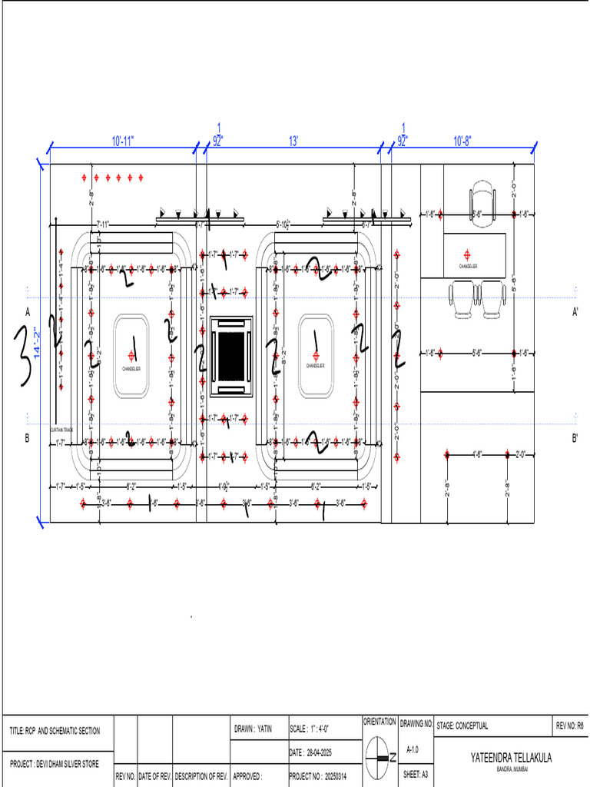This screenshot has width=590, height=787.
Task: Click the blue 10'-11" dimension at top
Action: (123, 141)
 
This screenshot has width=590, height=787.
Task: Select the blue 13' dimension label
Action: (293, 141)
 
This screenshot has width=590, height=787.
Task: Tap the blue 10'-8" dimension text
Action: (462, 141)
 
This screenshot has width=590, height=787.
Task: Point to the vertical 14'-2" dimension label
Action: (35, 342)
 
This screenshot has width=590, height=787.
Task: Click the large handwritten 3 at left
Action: (22, 354)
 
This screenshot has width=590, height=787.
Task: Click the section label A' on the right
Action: (575, 312)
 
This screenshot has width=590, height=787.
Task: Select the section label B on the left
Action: (27, 439)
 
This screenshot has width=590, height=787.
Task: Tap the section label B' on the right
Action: (575, 439)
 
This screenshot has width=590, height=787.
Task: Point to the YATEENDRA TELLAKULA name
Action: (511, 758)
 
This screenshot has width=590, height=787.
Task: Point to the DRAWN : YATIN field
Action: (253, 727)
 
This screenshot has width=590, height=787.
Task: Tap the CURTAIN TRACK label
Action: (61, 430)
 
